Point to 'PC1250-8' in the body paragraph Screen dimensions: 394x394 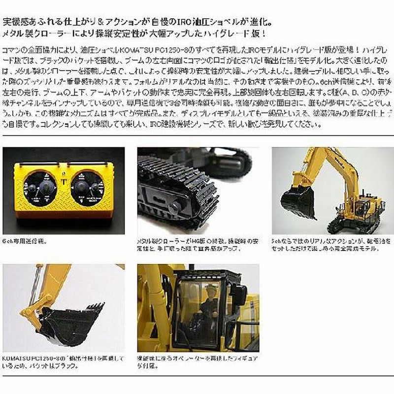click(163, 50)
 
